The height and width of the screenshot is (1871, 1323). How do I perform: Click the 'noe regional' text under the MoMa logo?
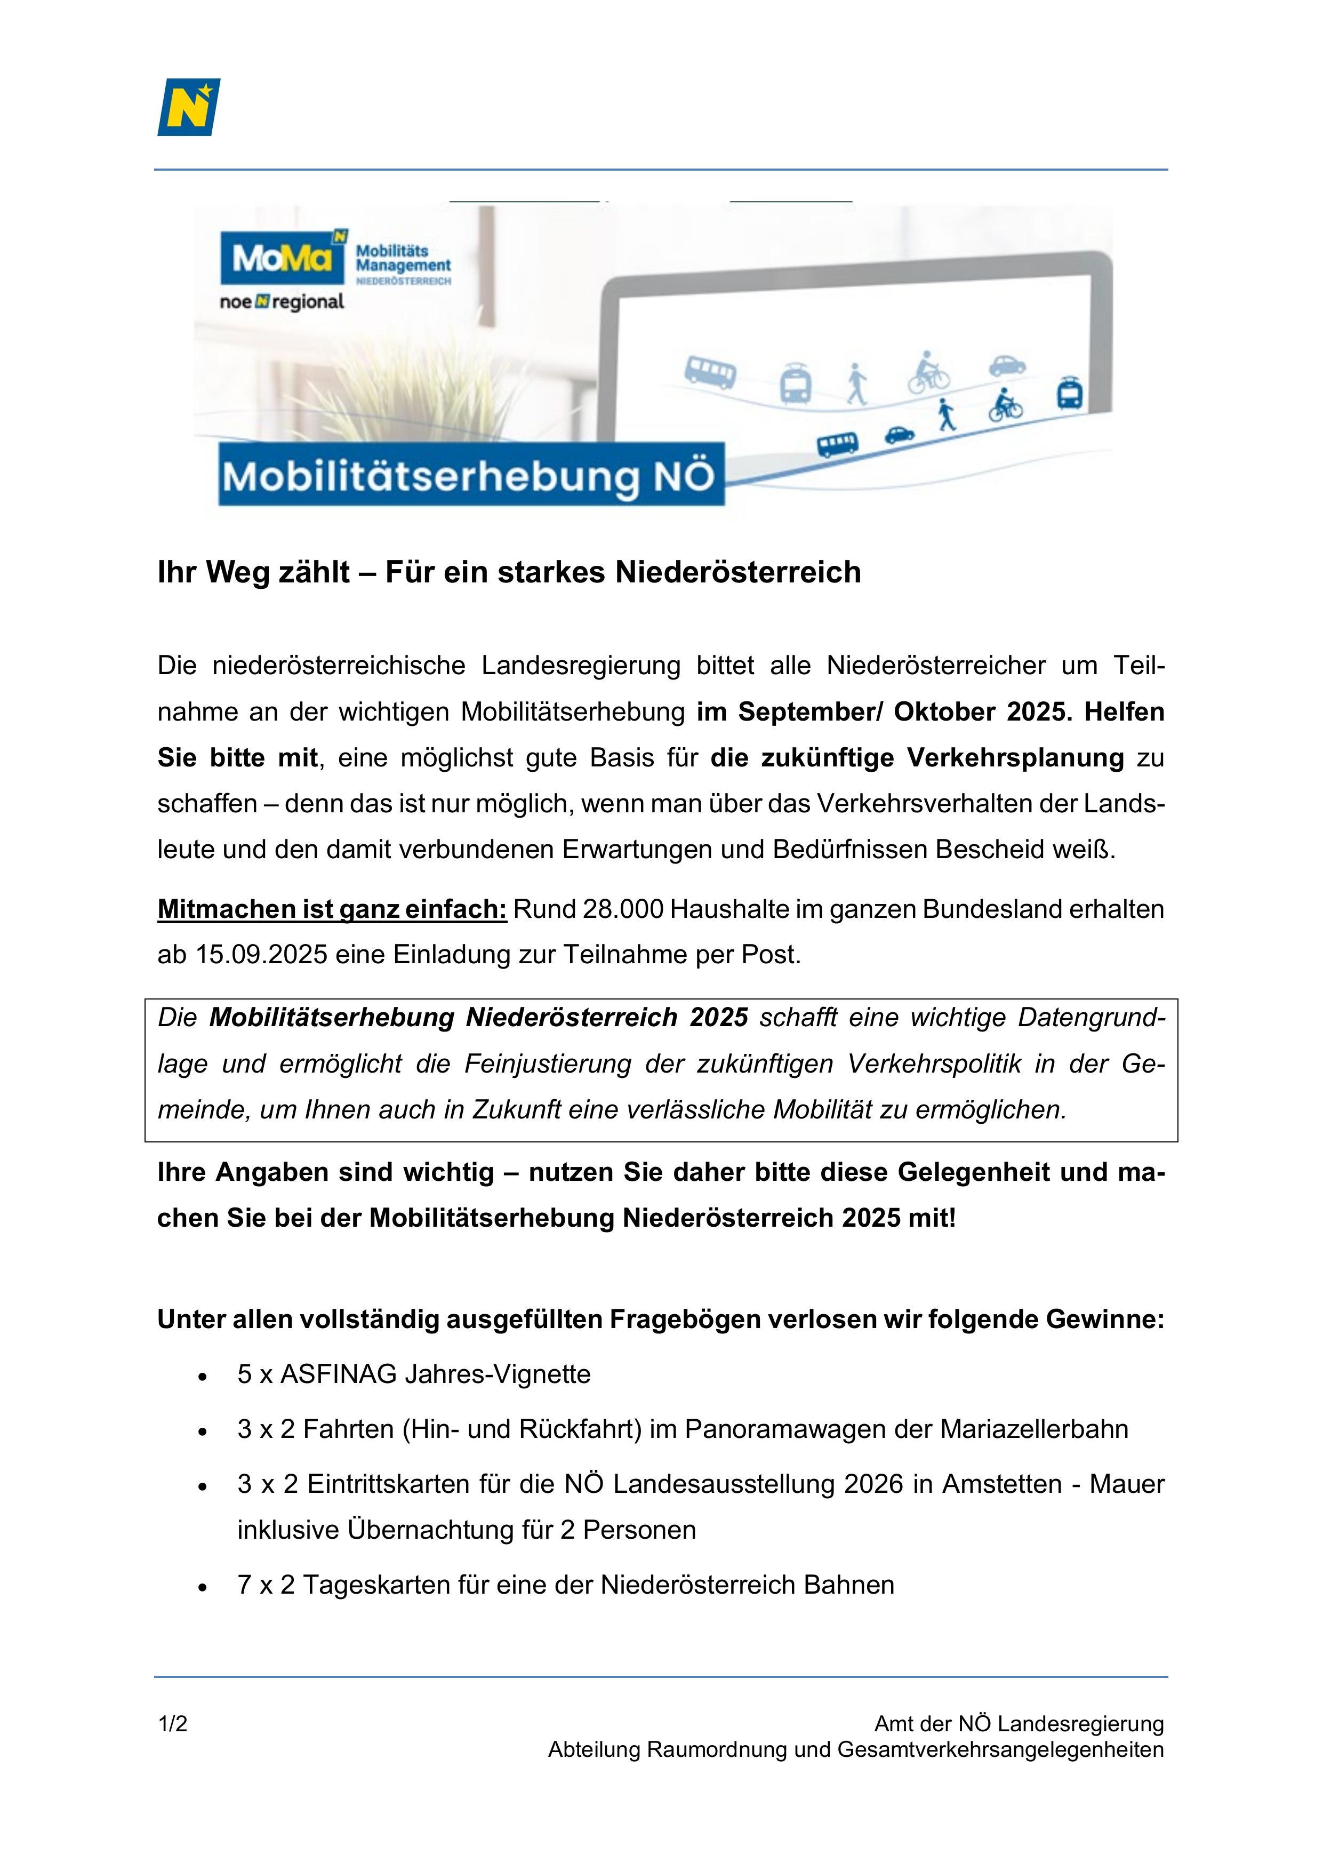pyautogui.click(x=282, y=302)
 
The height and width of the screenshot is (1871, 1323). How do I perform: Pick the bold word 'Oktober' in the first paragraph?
pyautogui.click(x=944, y=711)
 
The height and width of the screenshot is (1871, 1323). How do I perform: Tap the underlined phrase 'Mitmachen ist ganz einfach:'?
pyautogui.click(x=332, y=909)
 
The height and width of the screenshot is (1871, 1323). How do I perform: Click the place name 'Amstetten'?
pyautogui.click(x=1002, y=1484)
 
